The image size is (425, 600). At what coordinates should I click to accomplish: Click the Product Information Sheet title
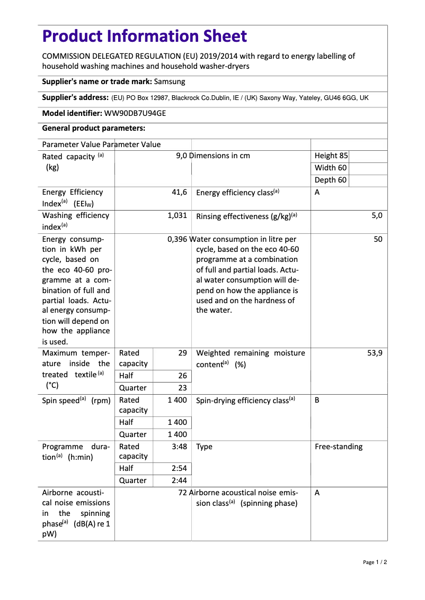point(144,37)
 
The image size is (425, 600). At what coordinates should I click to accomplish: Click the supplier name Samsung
point(170,81)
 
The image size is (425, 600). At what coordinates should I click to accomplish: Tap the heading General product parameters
point(94,129)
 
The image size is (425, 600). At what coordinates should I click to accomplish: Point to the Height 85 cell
point(331,156)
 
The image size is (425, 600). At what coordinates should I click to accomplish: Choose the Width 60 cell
point(331,168)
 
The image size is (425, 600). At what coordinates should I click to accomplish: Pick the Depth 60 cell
point(331,180)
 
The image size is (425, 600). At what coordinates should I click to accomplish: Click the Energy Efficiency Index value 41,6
point(179,193)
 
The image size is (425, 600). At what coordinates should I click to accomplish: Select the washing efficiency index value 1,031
point(177,216)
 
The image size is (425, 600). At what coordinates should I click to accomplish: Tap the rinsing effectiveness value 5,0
point(377,216)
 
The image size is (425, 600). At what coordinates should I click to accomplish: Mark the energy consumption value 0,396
point(177,239)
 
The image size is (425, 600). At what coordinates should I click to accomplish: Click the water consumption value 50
point(378,239)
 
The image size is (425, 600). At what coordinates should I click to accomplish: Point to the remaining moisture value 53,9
point(375,353)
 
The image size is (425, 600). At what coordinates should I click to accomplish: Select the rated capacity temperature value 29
point(182,353)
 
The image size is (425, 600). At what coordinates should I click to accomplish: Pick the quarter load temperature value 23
point(182,388)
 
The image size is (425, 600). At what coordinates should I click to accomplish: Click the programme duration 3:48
point(179,447)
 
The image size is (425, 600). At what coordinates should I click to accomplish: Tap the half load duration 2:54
point(179,469)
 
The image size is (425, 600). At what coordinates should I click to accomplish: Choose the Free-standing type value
point(339,447)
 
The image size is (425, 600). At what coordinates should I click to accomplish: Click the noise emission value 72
point(183,493)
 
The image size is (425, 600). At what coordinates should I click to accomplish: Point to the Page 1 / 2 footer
point(375,562)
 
